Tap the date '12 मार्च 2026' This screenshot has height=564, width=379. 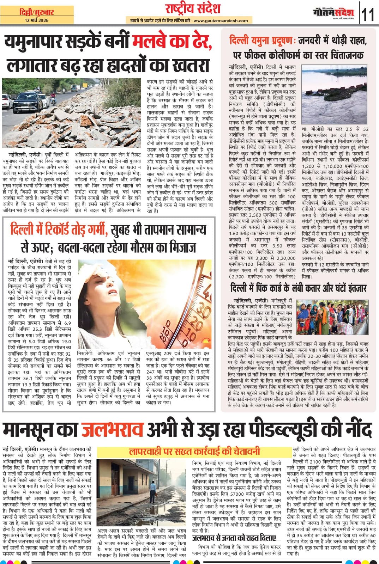37,20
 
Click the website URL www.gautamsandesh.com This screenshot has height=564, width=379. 221,21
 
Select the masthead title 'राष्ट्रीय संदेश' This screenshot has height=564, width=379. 193,8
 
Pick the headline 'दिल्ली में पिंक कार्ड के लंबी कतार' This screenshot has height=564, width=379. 298,288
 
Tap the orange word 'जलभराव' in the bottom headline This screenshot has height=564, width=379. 112,430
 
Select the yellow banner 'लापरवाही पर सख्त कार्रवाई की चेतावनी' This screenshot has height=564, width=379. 194,451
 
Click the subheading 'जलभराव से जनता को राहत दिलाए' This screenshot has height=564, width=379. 234,538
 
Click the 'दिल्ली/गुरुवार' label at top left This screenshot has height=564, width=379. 37,12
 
